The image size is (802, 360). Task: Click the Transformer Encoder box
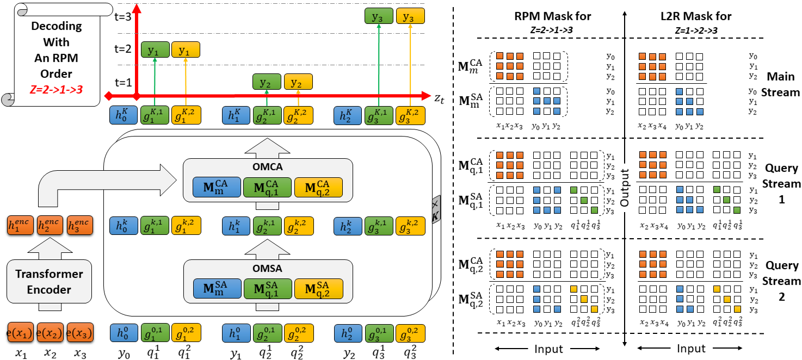[50, 282]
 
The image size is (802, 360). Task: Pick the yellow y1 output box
[186, 49]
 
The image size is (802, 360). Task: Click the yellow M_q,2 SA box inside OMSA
[318, 288]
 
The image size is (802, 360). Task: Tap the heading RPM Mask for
[552, 16]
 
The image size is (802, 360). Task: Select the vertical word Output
[625, 188]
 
